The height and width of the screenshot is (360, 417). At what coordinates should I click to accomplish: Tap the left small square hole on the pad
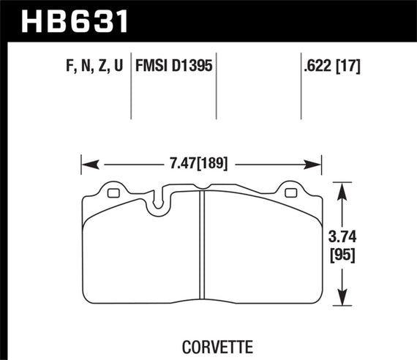pyautogui.click(x=113, y=194)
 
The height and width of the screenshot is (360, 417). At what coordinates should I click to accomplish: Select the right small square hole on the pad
pyautogui.click(x=290, y=194)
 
